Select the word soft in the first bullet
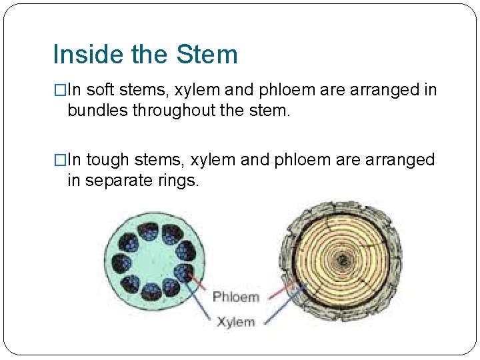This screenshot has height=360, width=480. [100, 90]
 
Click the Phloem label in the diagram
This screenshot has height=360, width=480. [235, 297]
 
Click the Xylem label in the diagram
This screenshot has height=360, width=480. [235, 322]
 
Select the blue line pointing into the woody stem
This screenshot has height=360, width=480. [280, 306]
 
